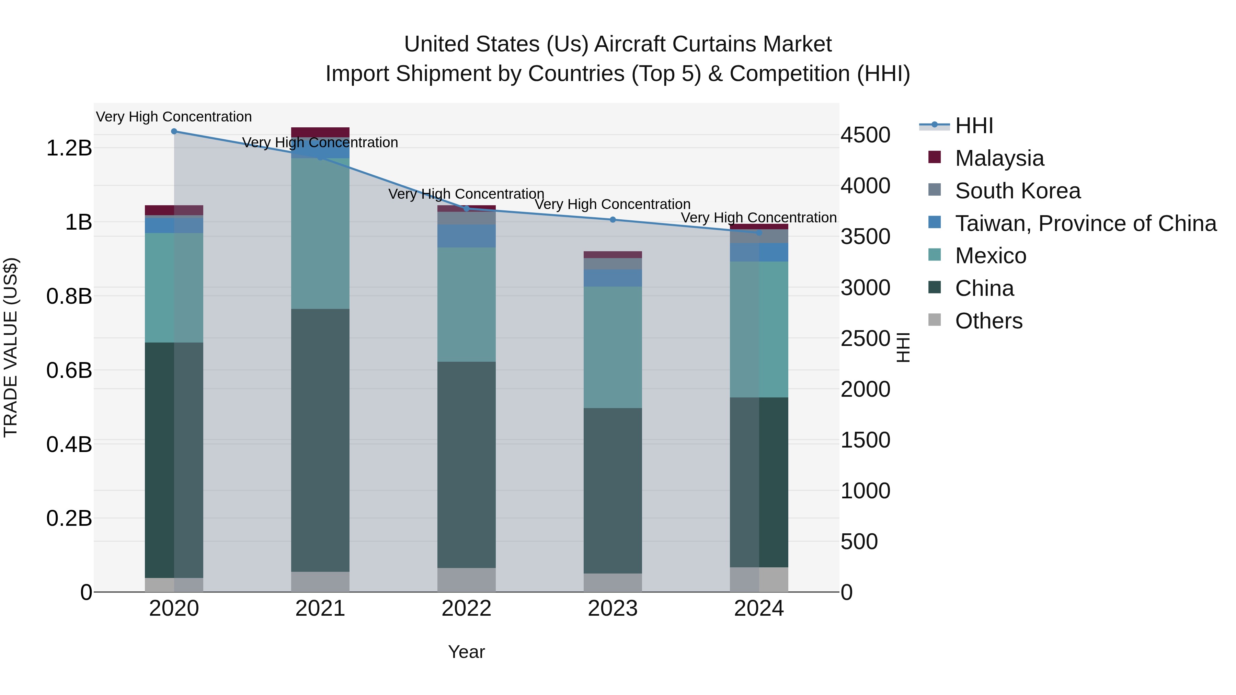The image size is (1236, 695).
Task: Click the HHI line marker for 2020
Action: coord(174,131)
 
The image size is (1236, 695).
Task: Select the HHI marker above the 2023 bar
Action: coord(613,220)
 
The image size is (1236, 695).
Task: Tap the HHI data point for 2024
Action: coord(759,233)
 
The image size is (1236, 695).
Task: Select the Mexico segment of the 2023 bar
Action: coord(613,347)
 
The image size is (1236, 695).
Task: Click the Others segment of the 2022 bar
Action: coord(466,580)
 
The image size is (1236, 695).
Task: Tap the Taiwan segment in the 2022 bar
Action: coord(466,236)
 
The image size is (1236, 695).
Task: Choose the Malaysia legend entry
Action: coord(999,158)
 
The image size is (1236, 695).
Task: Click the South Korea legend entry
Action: coord(1018,191)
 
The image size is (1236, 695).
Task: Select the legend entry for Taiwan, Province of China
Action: coord(1085,223)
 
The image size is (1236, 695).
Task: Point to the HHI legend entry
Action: coord(974,126)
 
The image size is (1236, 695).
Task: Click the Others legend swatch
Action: coord(935,320)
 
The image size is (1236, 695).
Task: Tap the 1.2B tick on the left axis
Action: coord(69,148)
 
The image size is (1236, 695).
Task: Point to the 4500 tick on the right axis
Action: coord(865,135)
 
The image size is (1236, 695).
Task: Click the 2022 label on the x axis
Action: coord(466,609)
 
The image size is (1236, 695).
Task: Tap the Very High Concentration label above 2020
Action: coord(174,117)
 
